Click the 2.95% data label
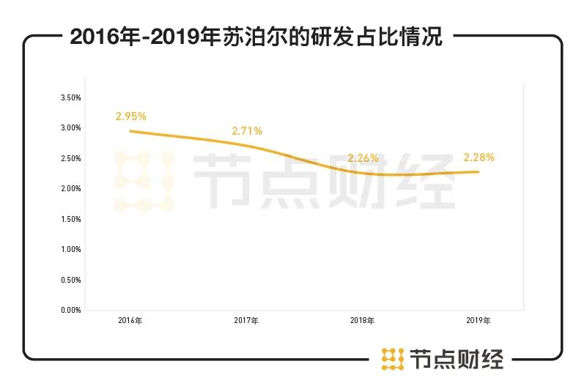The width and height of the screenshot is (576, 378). tap(131, 116)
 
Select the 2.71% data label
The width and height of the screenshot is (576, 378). tap(247, 131)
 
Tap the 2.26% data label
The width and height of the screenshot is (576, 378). tap(363, 157)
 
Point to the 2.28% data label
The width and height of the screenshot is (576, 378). tap(479, 157)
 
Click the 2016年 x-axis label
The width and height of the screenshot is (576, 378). tap(130, 321)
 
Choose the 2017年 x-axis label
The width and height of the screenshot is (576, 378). tap(246, 321)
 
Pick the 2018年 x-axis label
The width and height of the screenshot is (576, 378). tap(362, 321)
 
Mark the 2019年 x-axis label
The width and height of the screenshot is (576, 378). tap(479, 321)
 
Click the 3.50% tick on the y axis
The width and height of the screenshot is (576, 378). tap(70, 97)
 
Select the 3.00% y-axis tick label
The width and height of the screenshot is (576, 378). tap(70, 128)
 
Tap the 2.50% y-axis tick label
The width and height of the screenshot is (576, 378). tap(70, 158)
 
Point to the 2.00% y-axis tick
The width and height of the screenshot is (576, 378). tap(70, 188)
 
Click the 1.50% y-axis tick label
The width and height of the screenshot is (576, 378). tap(70, 219)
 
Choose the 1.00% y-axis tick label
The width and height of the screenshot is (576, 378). tap(70, 249)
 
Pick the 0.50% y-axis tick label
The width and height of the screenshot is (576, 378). tap(70, 280)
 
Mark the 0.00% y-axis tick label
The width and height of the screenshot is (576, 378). tap(70, 310)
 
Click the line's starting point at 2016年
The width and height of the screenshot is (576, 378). tap(130, 131)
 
